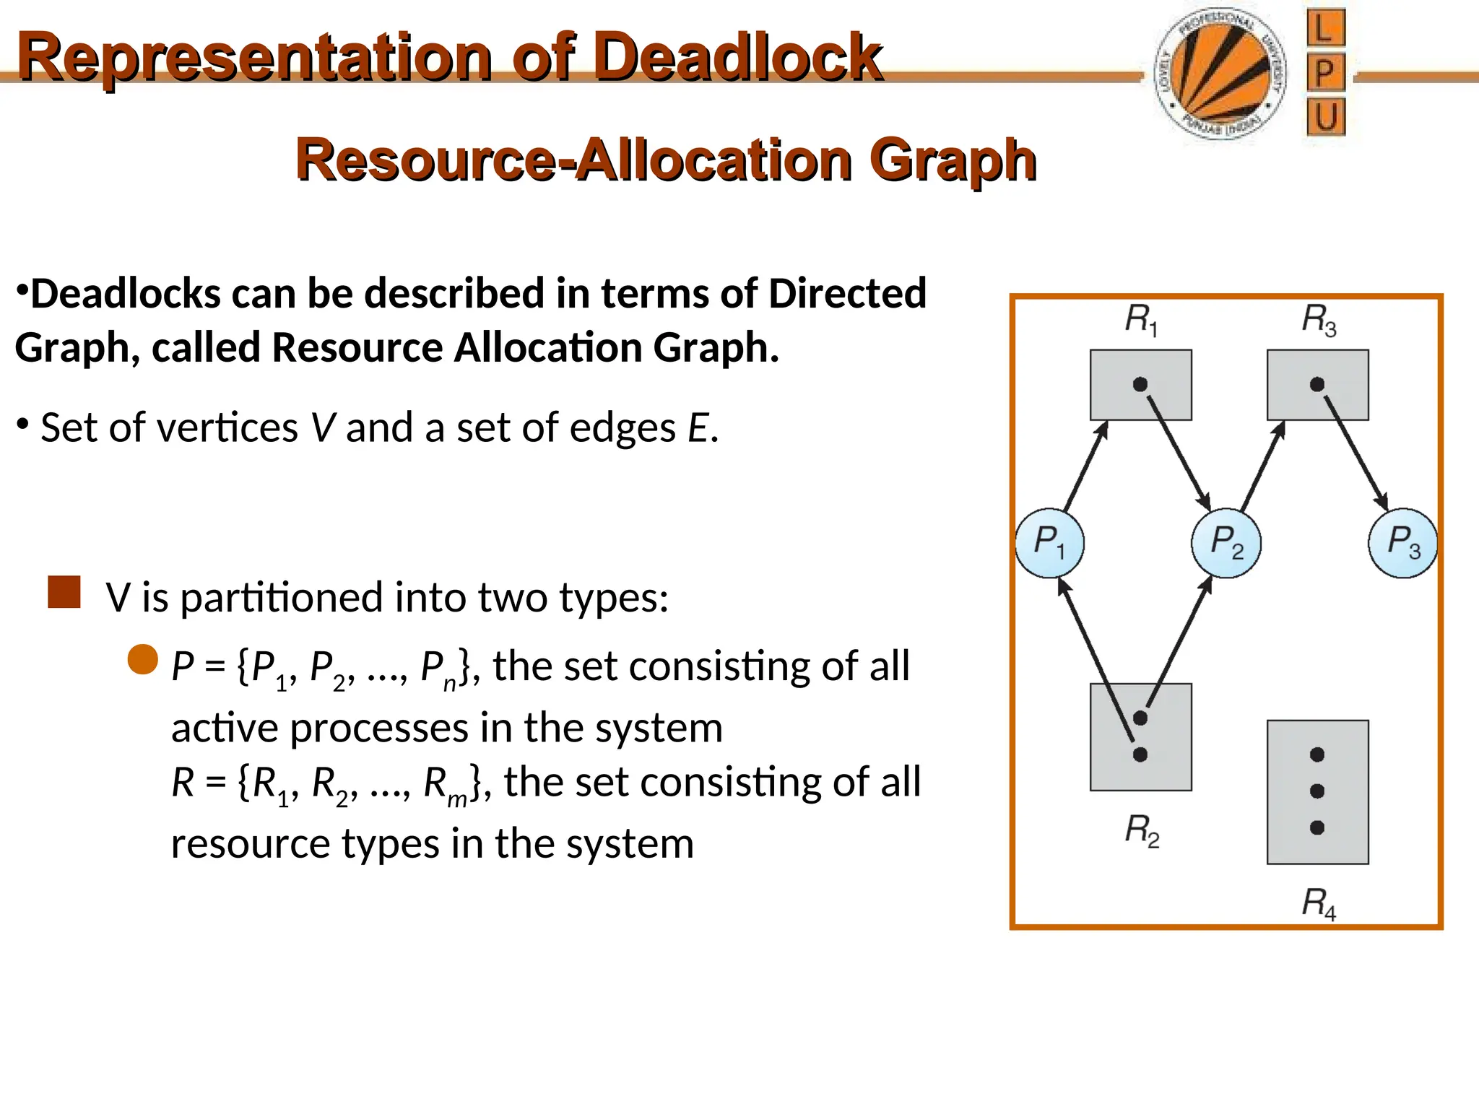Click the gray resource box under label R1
pos(1140,385)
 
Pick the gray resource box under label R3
pos(1317,385)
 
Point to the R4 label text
pos(1318,903)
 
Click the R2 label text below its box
pos(1142,830)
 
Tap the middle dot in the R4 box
pos(1317,791)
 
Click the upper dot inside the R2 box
pos(1140,718)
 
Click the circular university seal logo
pos(1221,75)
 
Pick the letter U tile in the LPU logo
pos(1325,118)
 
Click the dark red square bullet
pos(64,592)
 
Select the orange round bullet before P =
pos(143,659)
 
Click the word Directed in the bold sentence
pos(846,294)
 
